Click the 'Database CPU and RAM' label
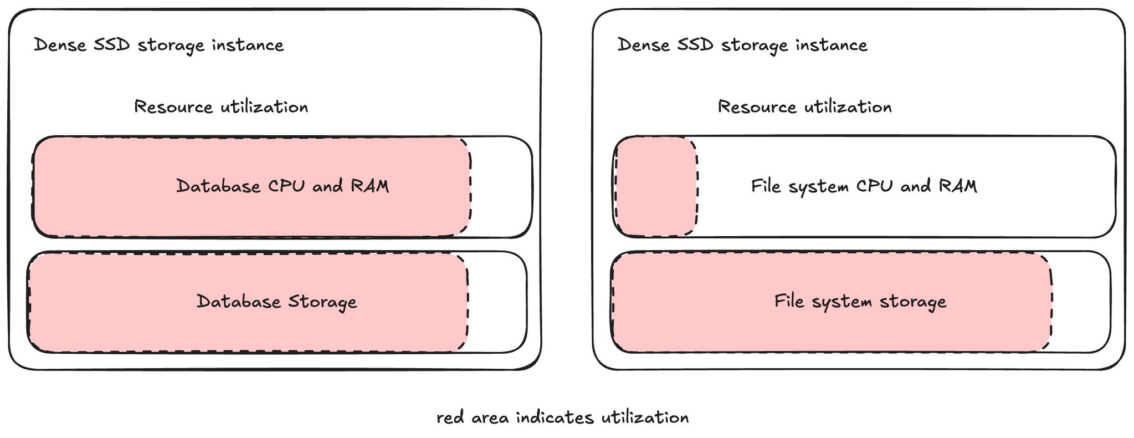[x=283, y=186]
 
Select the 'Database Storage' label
[x=277, y=302]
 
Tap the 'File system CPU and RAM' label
[x=864, y=186]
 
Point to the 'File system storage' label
[x=860, y=302]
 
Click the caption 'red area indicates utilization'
[x=563, y=417]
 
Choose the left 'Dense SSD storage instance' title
[x=159, y=45]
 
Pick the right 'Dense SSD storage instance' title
[x=743, y=45]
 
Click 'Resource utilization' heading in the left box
[x=221, y=106]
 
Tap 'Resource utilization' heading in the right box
[x=805, y=106]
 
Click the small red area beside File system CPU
[x=655, y=186]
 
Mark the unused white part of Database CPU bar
[x=501, y=186]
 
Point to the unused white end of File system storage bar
[x=1081, y=302]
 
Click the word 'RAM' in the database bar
[x=370, y=186]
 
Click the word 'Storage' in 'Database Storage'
[x=322, y=302]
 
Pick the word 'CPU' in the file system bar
[x=874, y=186]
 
